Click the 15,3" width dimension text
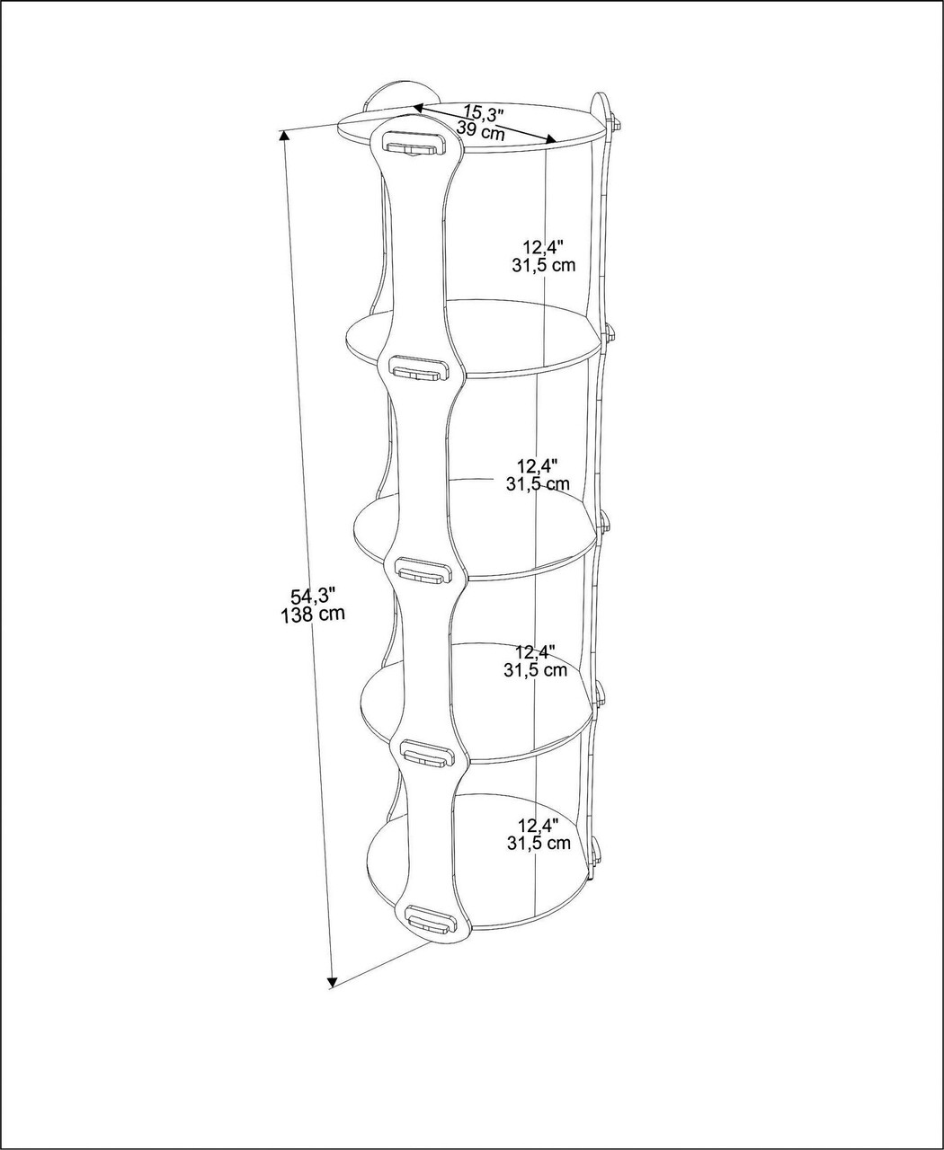484,113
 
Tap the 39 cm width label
481,131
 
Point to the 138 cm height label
313,615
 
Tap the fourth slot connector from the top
429,753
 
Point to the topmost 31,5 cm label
544,266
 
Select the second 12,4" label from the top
538,465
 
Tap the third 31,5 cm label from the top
535,669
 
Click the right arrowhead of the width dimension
550,139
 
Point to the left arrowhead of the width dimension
419,109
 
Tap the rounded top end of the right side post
600,103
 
